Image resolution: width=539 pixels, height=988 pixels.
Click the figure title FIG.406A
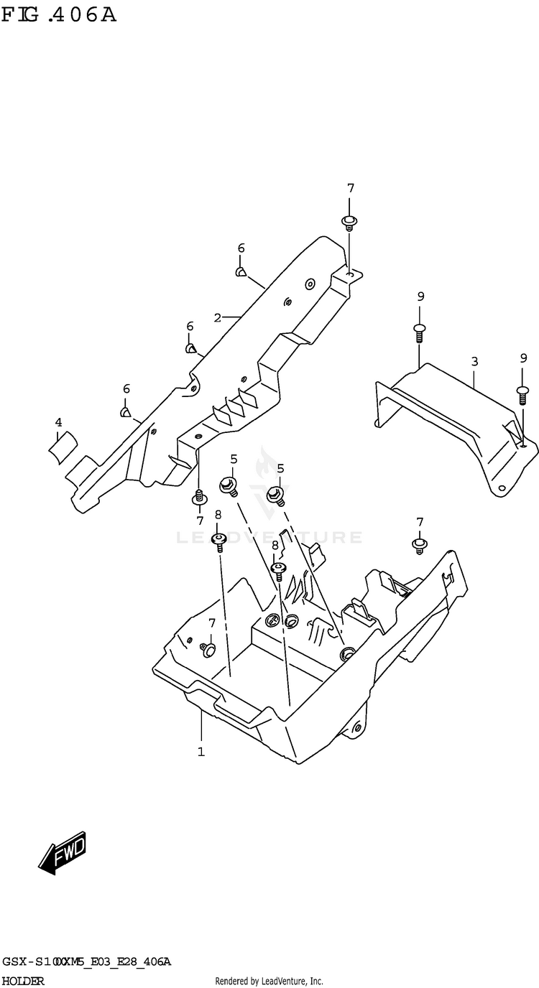pyautogui.click(x=58, y=14)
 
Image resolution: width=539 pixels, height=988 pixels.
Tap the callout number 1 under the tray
pyautogui.click(x=201, y=752)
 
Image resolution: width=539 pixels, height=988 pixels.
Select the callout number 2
pyautogui.click(x=216, y=316)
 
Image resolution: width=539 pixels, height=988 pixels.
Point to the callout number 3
pyautogui.click(x=474, y=360)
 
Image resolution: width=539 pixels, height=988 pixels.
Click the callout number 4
pyautogui.click(x=59, y=422)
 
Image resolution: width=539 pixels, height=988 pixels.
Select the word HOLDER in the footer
pyautogui.click(x=22, y=981)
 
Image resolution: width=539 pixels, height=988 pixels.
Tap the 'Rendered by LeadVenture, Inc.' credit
pyautogui.click(x=269, y=981)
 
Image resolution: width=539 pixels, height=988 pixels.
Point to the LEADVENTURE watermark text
pyautogui.click(x=269, y=537)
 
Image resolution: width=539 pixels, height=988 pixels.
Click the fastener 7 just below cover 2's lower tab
pyautogui.click(x=199, y=497)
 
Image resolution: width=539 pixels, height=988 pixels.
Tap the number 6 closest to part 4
pyautogui.click(x=126, y=388)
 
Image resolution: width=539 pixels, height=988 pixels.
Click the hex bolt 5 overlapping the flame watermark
pyautogui.click(x=275, y=495)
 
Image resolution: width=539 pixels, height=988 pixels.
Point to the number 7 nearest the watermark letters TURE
pyautogui.click(x=420, y=522)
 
